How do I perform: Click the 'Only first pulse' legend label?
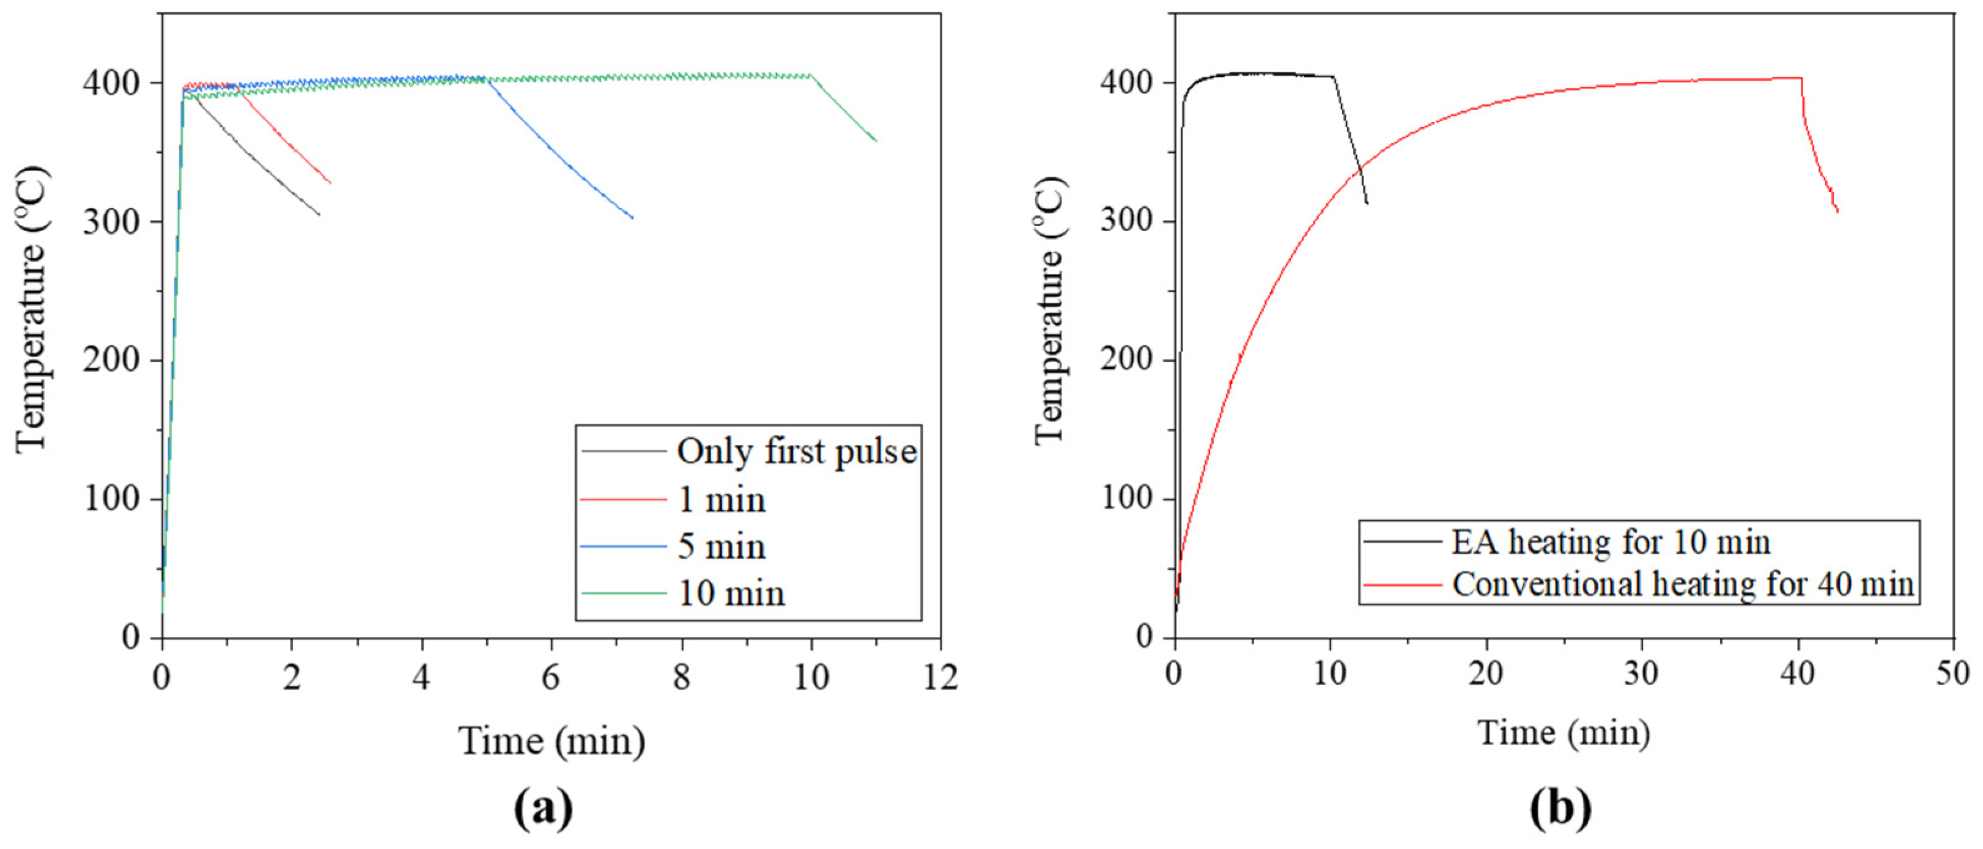(x=797, y=452)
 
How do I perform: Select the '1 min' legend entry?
(x=722, y=501)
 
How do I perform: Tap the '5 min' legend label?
(x=722, y=547)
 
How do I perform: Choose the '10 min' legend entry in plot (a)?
(x=731, y=594)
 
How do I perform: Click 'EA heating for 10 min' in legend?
(x=1611, y=543)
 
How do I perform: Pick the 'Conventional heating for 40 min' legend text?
(x=1683, y=584)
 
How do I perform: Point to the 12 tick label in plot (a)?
(x=940, y=677)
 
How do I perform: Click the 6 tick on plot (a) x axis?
(x=550, y=677)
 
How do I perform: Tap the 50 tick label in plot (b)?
(x=1953, y=674)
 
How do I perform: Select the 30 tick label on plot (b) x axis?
(x=1641, y=674)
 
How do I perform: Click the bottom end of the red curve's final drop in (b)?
(x=1837, y=211)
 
